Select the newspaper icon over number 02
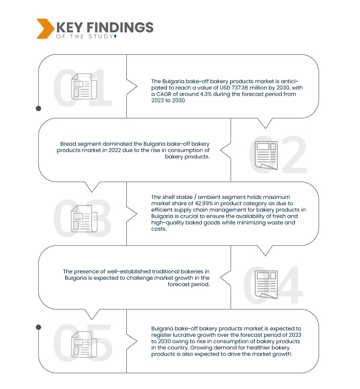[x=266, y=155]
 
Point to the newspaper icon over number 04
[x=266, y=284]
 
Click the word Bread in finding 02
[x=68, y=143]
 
